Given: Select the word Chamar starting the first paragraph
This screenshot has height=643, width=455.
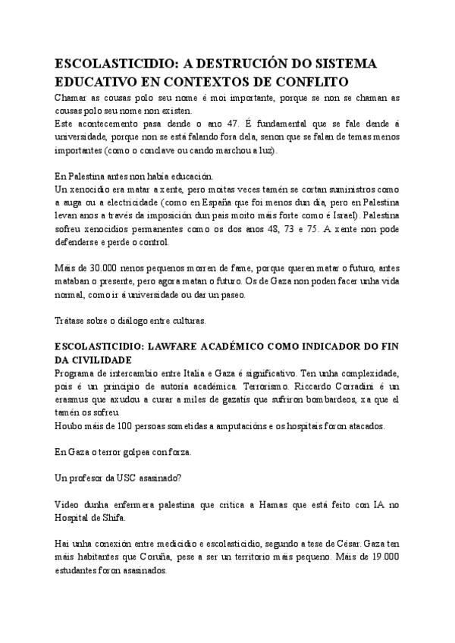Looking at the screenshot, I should click(x=71, y=99).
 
